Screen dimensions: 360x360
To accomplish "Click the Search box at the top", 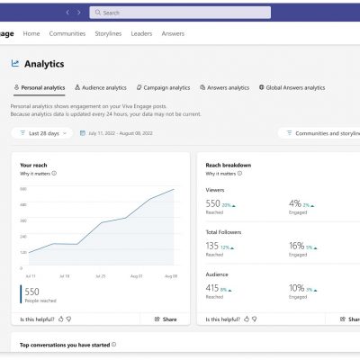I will coord(180,13).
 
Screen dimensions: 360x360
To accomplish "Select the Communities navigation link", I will coord(67,33).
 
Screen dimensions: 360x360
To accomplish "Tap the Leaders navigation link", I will coord(141,33).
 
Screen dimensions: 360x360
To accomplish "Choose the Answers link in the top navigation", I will coord(173,33).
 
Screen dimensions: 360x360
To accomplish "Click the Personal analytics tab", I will coord(40,87).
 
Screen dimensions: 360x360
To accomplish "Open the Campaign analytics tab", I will coord(164,87).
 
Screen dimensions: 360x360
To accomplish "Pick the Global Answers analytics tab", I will coord(292,87).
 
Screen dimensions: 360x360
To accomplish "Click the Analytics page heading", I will coord(44,64).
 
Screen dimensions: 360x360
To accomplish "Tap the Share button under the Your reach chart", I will coord(165,319).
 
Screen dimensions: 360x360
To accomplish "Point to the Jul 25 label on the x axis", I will coord(100,275).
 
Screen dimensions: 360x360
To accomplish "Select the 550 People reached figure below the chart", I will coord(32,292).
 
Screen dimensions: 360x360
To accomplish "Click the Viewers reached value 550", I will coord(213,204).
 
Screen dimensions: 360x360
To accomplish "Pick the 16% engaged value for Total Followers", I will coord(296,245).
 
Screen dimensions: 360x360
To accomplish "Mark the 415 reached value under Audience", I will coord(213,288).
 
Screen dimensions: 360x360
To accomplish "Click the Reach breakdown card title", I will coord(228,166).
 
